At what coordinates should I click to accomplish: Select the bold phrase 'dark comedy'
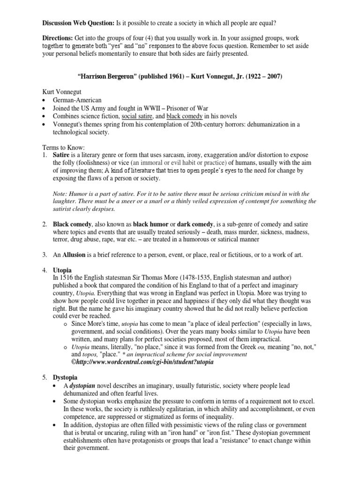pyautogui.click(x=196, y=223)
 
